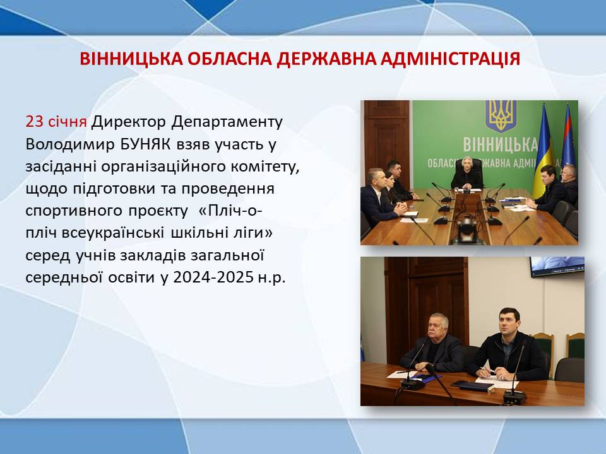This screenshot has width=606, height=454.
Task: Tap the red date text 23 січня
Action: coord(56,122)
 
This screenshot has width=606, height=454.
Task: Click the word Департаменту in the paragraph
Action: coord(227,122)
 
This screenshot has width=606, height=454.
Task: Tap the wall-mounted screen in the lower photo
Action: coord(557,266)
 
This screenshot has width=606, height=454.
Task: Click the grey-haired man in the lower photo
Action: coord(433,344)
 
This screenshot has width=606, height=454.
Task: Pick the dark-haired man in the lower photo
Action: coord(507,346)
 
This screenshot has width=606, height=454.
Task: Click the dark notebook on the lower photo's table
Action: coord(472,385)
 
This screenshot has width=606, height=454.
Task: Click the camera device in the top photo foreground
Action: coord(468,231)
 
